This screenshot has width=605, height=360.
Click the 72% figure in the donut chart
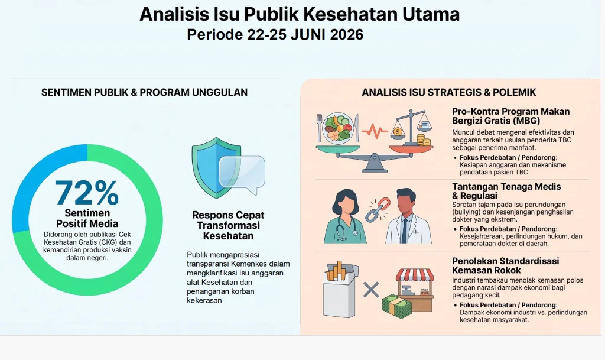point(87,193)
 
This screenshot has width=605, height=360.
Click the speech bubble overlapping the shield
point(242,174)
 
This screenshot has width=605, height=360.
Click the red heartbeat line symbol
point(374,131)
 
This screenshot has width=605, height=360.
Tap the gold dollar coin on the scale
point(398,132)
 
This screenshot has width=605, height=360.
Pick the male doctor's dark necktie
point(404,229)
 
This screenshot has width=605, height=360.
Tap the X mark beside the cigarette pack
point(371,290)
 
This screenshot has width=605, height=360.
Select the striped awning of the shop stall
point(415,275)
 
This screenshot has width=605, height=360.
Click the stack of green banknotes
point(396,307)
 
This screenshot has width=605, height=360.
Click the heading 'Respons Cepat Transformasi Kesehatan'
point(228,225)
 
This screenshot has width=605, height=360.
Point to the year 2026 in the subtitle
point(346,35)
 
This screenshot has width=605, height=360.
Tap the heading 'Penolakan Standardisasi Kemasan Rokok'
point(506,265)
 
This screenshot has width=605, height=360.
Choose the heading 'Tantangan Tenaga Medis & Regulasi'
point(506,191)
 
